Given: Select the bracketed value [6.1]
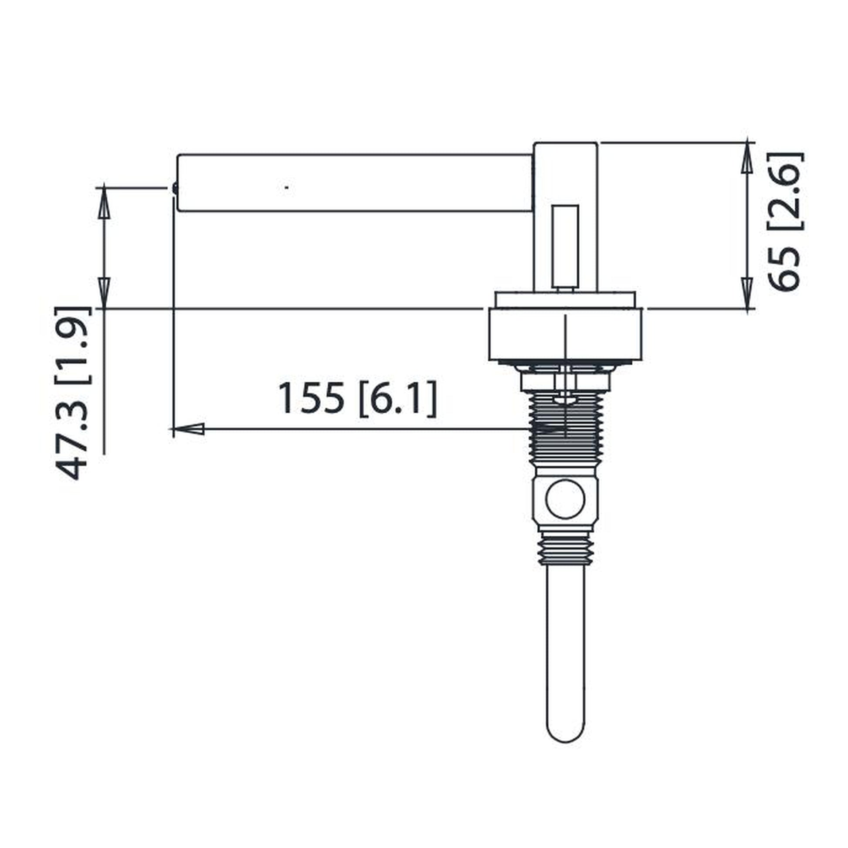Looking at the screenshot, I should click(x=398, y=399).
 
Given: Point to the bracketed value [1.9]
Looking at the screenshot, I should click(x=73, y=345).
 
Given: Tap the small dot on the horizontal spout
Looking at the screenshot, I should click(x=287, y=187).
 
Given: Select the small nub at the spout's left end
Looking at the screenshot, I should click(x=175, y=188).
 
